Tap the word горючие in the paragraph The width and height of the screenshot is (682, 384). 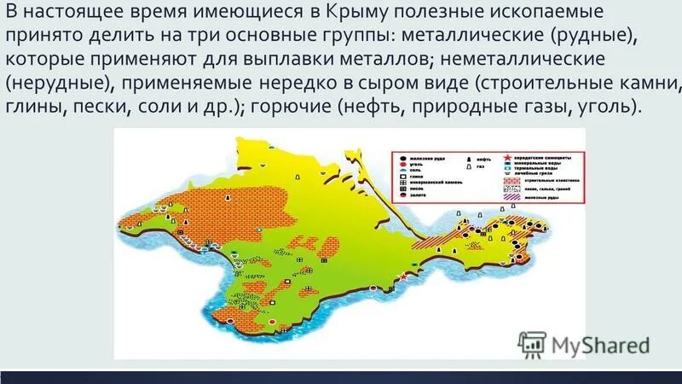pyautogui.click(x=289, y=110)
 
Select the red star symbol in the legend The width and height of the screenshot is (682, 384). pyautogui.click(x=508, y=157)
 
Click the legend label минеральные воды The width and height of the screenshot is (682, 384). pyautogui.click(x=548, y=163)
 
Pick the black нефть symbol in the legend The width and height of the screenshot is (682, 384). pyautogui.click(x=470, y=159)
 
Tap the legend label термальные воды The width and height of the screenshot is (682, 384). pyautogui.click(x=548, y=169)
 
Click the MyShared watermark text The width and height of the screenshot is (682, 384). pyautogui.click(x=600, y=345)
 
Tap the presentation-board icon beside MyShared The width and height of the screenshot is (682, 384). pyautogui.click(x=533, y=343)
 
